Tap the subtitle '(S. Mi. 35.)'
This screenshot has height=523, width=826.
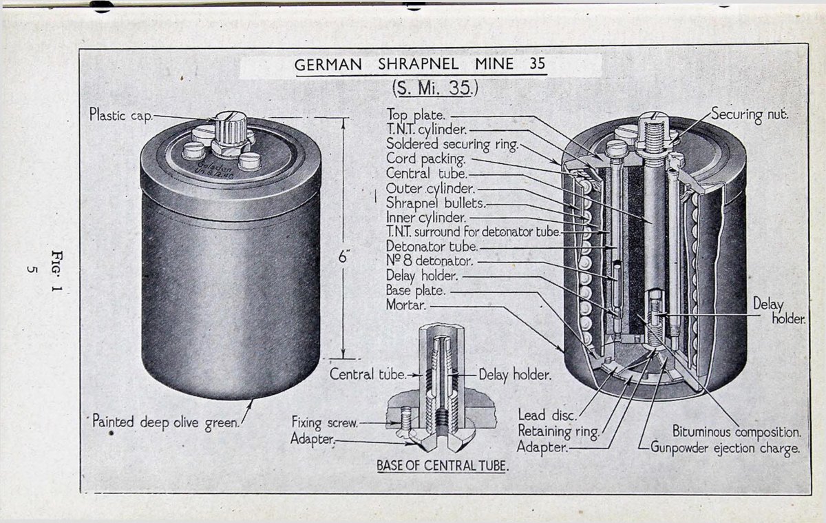434,89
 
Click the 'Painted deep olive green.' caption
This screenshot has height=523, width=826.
165,422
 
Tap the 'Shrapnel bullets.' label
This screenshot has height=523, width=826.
436,203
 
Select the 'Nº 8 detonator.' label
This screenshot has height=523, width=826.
430,261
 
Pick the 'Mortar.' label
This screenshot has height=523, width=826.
407,305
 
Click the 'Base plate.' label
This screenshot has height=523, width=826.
415,290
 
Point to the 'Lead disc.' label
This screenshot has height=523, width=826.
547,415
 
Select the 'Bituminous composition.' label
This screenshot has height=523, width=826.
737,433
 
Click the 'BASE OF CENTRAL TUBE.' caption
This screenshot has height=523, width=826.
442,466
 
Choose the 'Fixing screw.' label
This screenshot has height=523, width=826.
324,422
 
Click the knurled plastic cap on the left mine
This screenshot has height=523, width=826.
228,127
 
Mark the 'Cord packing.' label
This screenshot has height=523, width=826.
426,159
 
